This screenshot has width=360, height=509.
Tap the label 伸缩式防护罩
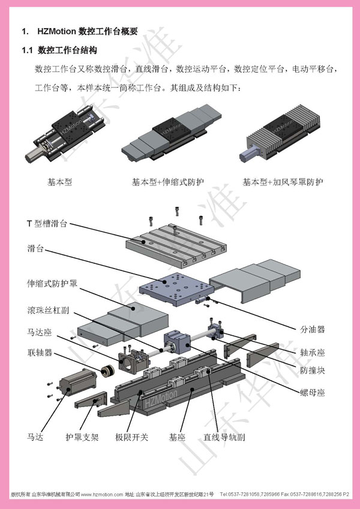pos(52,282)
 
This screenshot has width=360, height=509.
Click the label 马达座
pos(39,330)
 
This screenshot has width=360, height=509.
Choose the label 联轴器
pos(39,351)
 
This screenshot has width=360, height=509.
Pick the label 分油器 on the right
pos(312,329)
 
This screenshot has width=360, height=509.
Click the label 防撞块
pos(312,371)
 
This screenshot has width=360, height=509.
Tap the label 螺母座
pos(312,393)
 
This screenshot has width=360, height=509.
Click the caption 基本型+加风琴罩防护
pos(282,182)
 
